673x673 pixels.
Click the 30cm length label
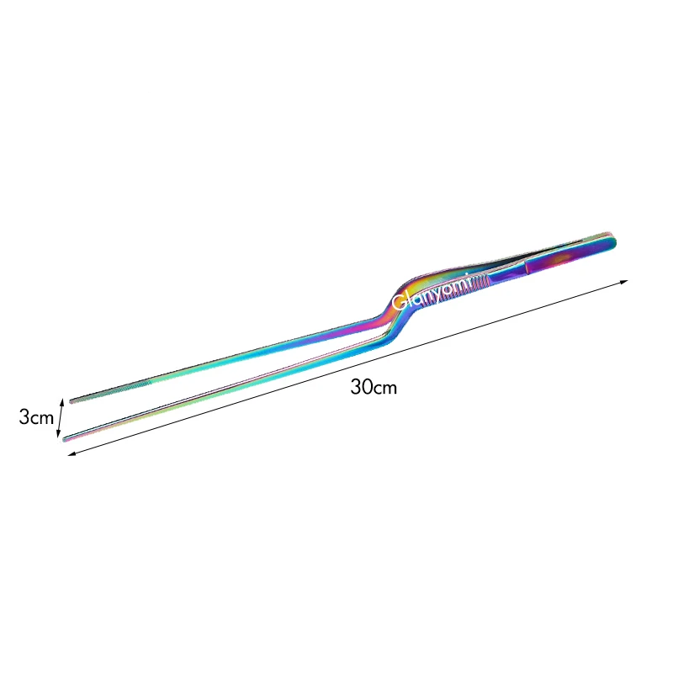tap(373, 388)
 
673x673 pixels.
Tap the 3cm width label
tap(36, 416)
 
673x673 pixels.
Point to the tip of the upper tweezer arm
tap(72, 400)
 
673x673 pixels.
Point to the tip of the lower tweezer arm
tap(66, 438)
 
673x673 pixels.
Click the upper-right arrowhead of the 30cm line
tap(627, 281)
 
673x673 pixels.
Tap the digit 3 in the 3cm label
tap(24, 416)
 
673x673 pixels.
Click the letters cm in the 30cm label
tap(384, 389)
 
